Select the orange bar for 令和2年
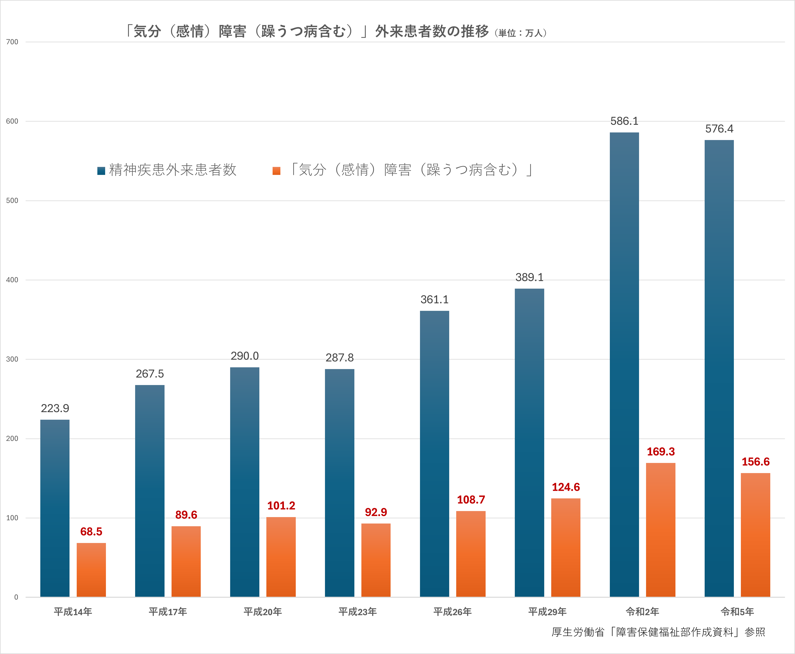pos(661,529)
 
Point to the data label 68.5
pos(91,531)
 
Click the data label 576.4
pos(719,129)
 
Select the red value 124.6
pos(566,487)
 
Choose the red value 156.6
pos(755,462)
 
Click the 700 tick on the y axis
pos(12,42)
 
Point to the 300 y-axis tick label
pos(12,359)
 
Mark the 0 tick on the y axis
pos(16,597)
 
